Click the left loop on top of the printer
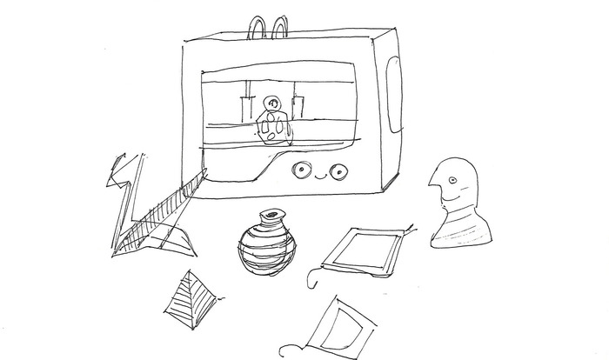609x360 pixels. (259, 27)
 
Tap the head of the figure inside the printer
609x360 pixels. (273, 103)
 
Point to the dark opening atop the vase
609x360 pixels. (273, 214)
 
